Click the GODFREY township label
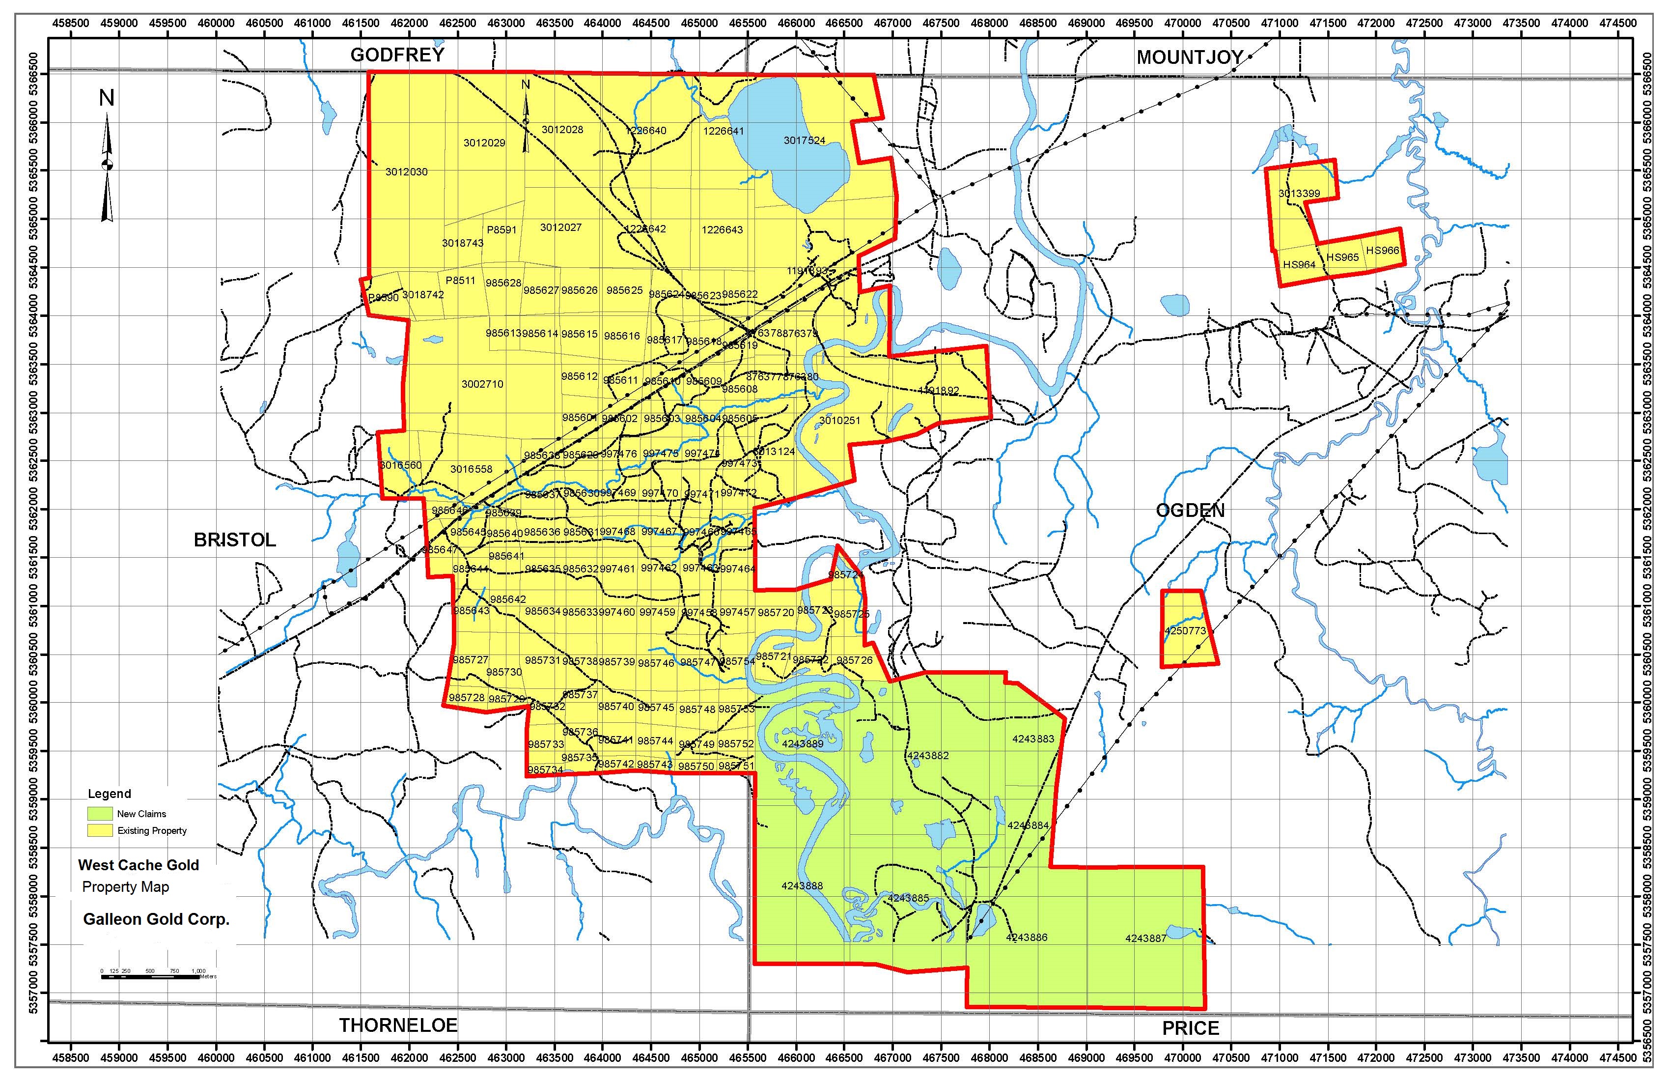click(397, 55)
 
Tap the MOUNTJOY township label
click(1190, 57)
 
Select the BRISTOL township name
click(234, 540)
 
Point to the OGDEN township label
click(1190, 511)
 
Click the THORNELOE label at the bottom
click(398, 1025)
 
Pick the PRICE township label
click(1191, 1028)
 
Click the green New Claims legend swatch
click(100, 814)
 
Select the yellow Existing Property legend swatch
click(100, 830)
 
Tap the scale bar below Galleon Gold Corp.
click(150, 976)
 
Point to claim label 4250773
click(1185, 630)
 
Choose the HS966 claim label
click(1382, 251)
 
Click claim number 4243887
click(1146, 938)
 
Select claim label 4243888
click(802, 886)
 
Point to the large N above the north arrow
click(107, 98)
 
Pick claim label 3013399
click(1299, 193)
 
